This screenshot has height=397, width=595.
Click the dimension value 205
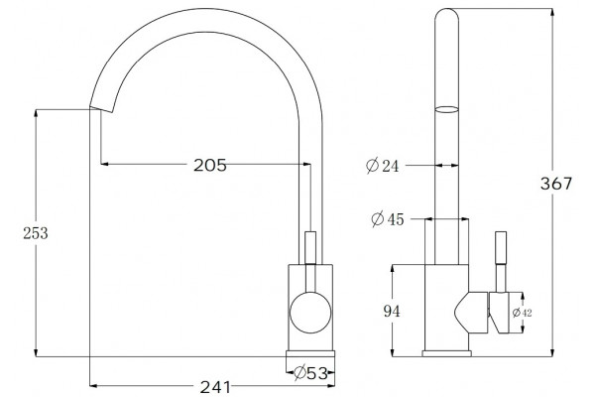[x=210, y=165]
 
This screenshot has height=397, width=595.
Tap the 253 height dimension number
[x=36, y=233]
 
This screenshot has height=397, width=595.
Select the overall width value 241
[x=215, y=387]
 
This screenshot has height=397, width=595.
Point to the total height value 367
[x=556, y=184]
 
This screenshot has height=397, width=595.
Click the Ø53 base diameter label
[x=310, y=373]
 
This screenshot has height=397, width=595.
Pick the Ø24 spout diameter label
[x=383, y=166]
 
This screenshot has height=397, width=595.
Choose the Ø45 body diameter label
[x=388, y=219]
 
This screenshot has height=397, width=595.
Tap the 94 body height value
[x=392, y=312]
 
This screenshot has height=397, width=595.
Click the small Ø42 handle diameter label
[x=523, y=313]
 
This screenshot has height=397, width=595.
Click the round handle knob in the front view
[x=310, y=313]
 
